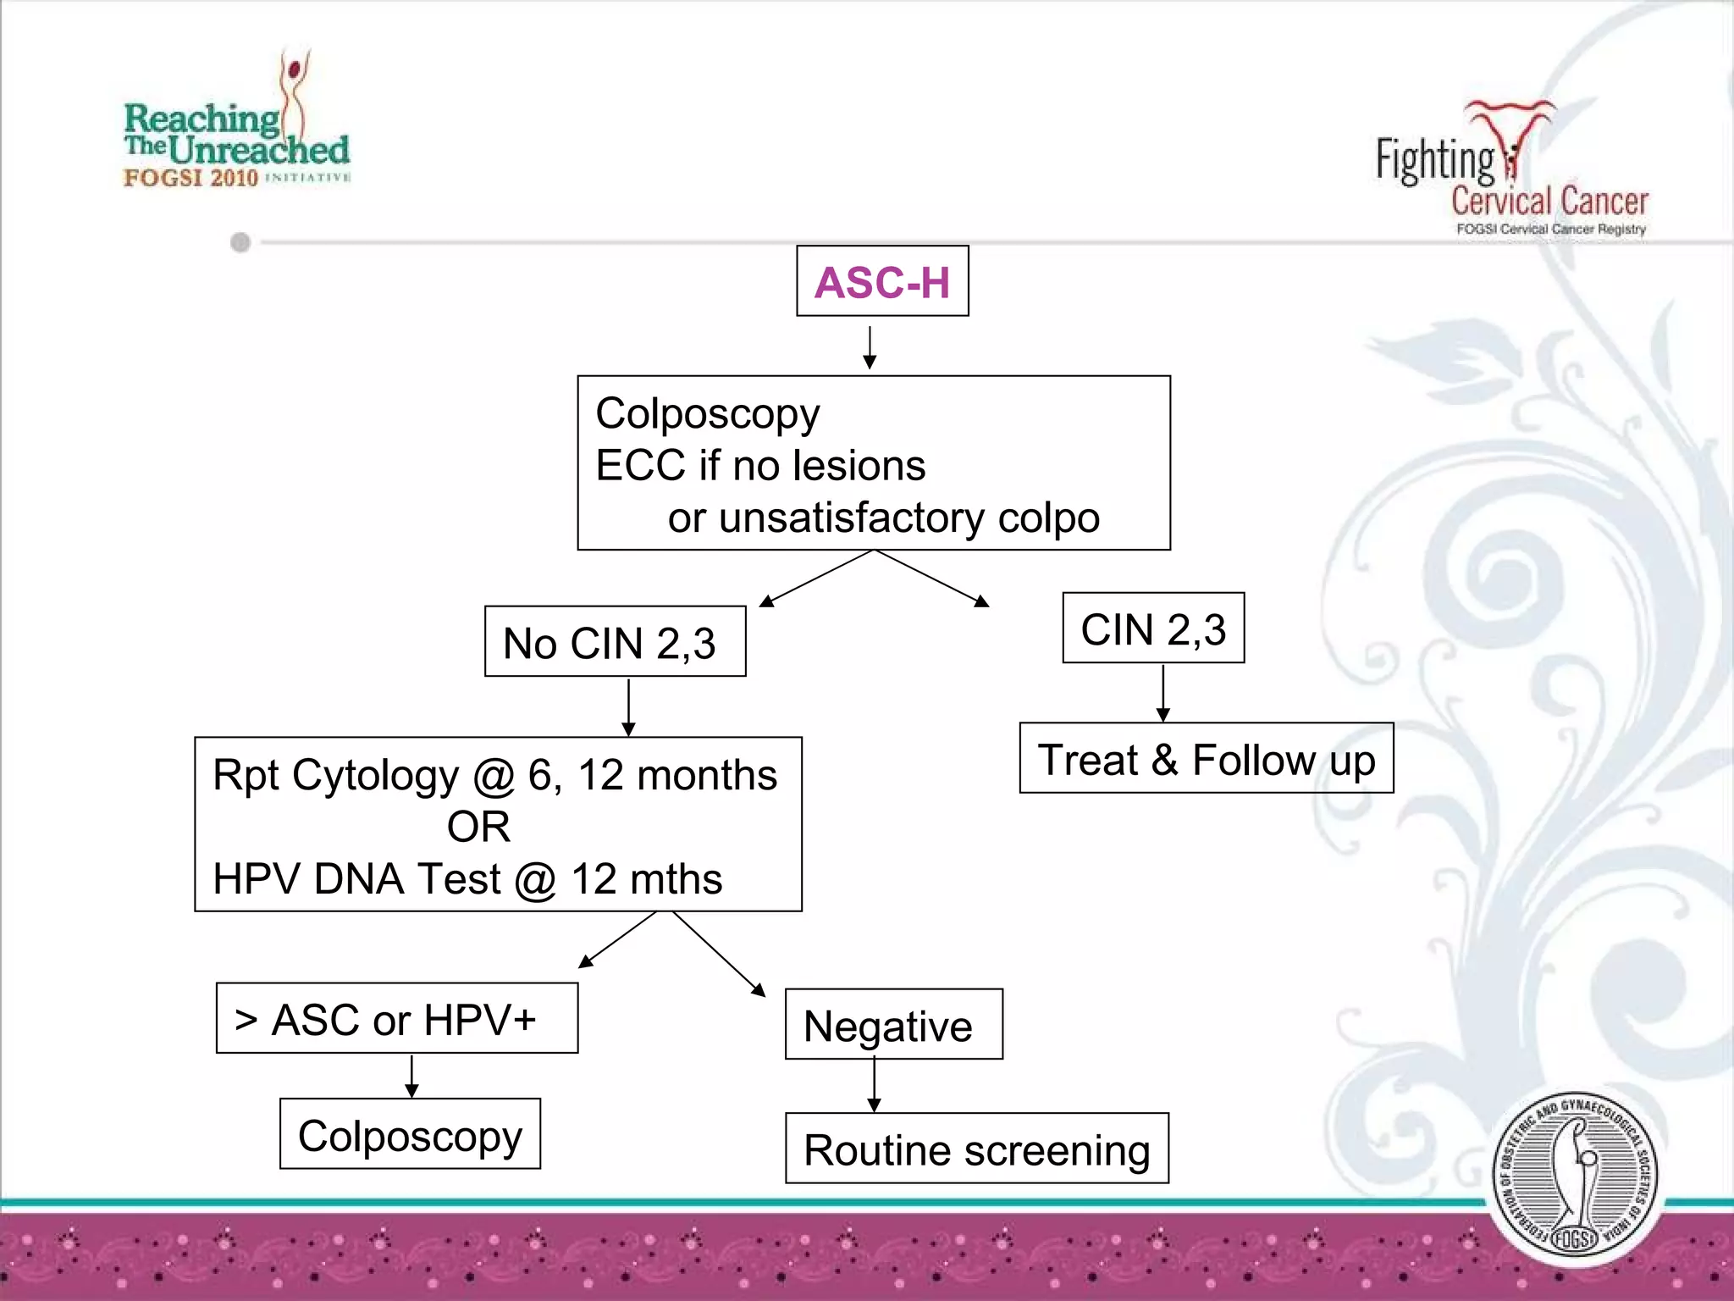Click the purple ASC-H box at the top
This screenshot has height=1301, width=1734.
[882, 281]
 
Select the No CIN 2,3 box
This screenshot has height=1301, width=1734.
[615, 642]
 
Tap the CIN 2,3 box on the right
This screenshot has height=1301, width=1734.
[1153, 628]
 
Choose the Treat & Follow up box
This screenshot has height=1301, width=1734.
[1206, 759]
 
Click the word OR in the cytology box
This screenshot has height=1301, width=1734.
[479, 827]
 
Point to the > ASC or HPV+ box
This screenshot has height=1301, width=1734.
[396, 1019]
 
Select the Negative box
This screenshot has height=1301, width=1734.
[893, 1025]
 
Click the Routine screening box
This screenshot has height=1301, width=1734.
[976, 1149]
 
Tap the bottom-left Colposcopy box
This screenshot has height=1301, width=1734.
[410, 1135]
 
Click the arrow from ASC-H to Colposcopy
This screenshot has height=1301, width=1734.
[870, 347]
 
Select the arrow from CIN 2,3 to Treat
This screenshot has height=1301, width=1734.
[1163, 693]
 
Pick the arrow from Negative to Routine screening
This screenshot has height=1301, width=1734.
[875, 1086]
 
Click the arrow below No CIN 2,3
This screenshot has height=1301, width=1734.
[628, 707]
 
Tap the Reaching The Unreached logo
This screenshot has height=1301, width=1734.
[237, 127]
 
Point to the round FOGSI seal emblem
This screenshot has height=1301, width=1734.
[1575, 1174]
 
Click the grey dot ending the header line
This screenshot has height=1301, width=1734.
[240, 243]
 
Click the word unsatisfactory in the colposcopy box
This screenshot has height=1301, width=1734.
[852, 518]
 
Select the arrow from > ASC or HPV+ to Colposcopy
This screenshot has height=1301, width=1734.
[411, 1076]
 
